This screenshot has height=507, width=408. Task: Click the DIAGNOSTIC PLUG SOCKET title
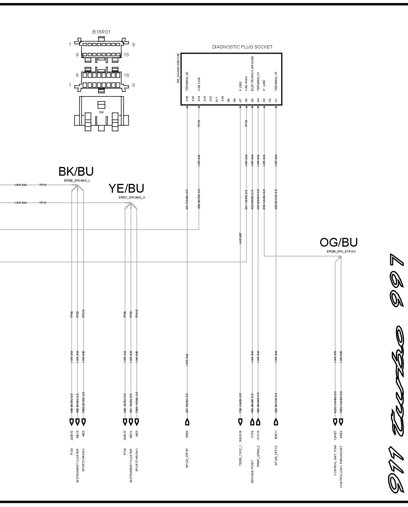[242, 47]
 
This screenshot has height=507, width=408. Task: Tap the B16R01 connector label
[101, 32]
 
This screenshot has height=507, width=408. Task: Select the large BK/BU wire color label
[76, 172]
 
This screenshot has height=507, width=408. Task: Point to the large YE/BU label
[126, 189]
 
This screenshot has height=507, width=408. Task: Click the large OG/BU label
[339, 242]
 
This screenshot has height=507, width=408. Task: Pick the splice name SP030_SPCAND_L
[77, 180]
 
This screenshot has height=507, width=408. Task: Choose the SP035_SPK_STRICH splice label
[341, 252]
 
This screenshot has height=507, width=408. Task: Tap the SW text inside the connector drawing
[101, 112]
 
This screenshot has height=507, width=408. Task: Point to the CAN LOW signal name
[199, 84]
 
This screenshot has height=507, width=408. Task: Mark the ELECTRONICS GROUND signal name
[252, 74]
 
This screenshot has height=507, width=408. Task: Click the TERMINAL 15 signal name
[276, 81]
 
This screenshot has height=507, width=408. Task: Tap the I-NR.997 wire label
[240, 238]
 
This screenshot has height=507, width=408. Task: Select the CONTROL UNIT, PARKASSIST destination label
[341, 467]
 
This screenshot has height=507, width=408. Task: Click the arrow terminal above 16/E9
[187, 422]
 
